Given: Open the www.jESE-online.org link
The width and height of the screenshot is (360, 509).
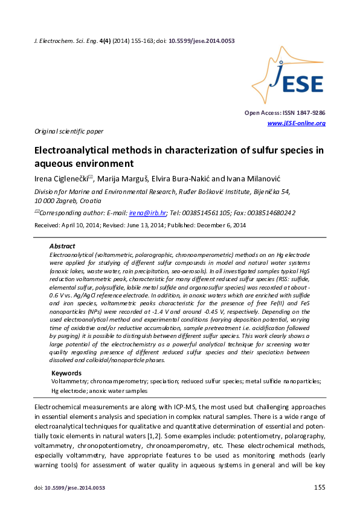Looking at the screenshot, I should (x=296, y=123).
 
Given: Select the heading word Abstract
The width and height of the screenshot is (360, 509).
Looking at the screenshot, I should (x=62, y=247).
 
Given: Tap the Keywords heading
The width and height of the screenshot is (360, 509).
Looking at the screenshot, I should (x=66, y=373).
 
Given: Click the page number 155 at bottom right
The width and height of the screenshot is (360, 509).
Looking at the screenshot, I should (x=320, y=487).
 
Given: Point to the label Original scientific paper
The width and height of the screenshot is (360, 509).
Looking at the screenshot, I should (x=68, y=131).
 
